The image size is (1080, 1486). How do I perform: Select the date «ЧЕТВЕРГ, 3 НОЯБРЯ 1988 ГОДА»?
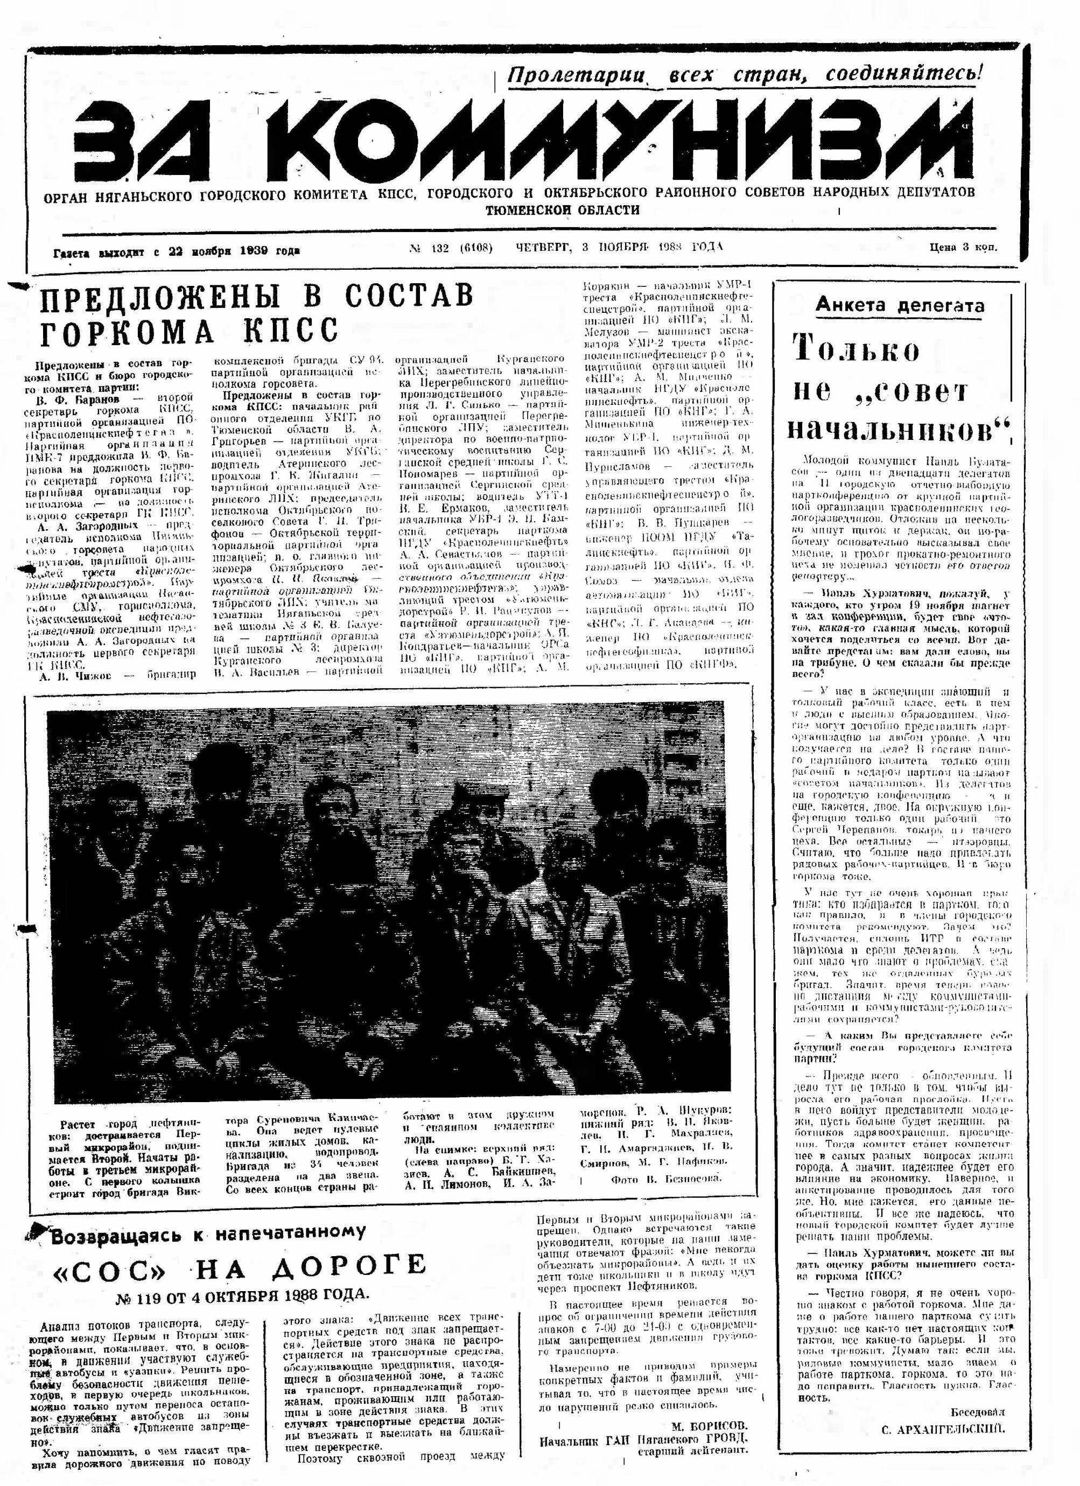[x=619, y=247]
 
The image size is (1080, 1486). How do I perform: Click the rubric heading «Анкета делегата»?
[x=899, y=305]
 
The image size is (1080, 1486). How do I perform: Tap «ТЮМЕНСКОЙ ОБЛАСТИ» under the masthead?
[x=562, y=211]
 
